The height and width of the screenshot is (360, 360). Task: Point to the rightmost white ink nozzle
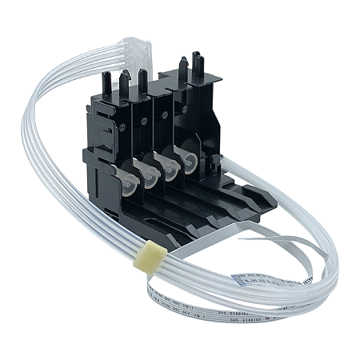click(190, 159)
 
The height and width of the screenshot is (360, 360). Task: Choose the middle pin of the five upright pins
click(142, 79)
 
